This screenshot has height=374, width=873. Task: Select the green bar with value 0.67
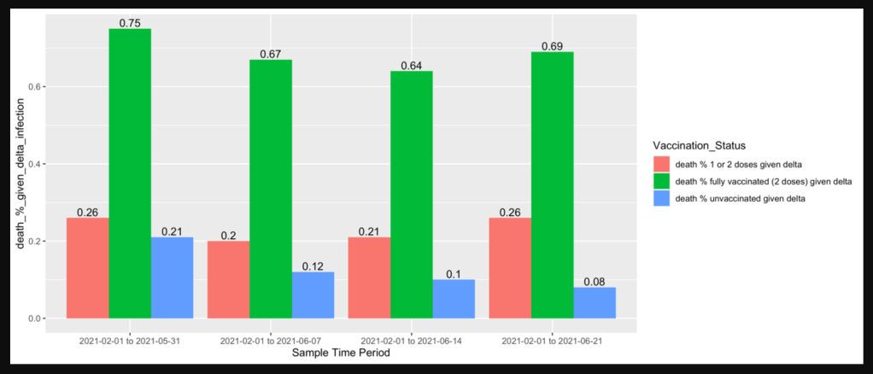coord(271,189)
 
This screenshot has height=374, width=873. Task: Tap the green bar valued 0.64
coord(412,195)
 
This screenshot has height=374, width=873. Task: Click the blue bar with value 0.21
coord(172,278)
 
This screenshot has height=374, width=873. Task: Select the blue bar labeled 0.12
coord(313,295)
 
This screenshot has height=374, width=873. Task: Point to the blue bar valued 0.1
coord(454,299)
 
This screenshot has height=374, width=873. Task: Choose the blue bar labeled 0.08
coord(595,302)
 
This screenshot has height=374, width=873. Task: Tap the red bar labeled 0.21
coord(369,278)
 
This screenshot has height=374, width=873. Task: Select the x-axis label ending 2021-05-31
coord(130,340)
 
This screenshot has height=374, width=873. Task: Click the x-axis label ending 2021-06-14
coord(412,340)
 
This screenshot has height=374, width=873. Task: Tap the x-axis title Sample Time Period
coord(341,352)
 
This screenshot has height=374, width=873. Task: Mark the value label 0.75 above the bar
coord(130,23)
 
